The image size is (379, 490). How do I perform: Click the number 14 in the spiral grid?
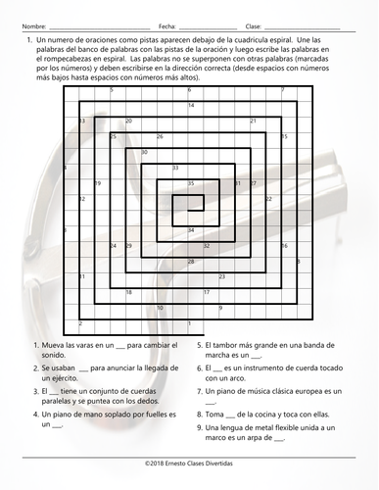pyautogui.click(x=190, y=105)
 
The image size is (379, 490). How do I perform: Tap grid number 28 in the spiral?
pyautogui.click(x=190, y=261)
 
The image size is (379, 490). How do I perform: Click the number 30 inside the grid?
pyautogui.click(x=144, y=152)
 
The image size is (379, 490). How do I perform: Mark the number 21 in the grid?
pyautogui.click(x=254, y=121)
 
